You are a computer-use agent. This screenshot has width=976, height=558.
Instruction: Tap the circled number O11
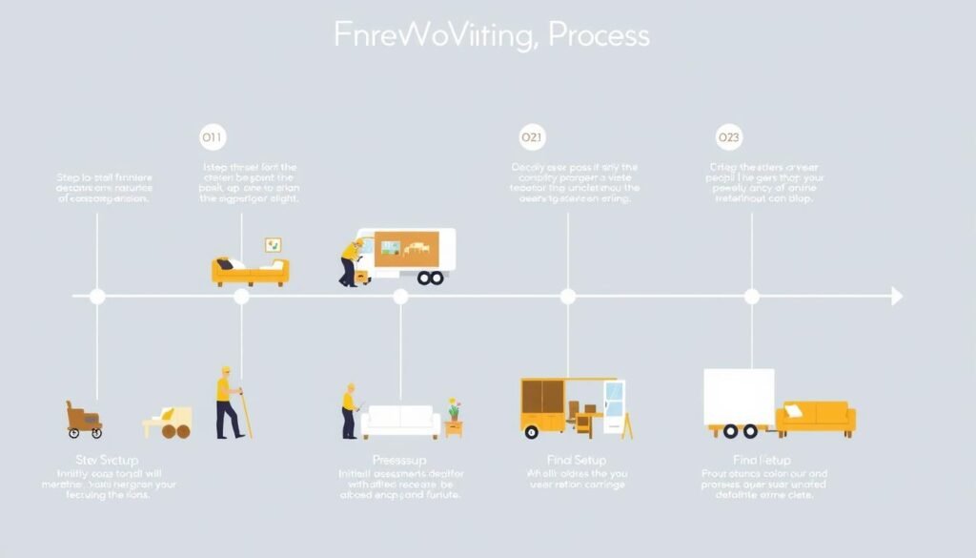212,138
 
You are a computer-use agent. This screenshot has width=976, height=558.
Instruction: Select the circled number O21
532,138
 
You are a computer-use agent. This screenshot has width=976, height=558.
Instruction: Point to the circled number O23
728,138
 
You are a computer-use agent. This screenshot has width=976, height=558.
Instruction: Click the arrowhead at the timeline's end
896,297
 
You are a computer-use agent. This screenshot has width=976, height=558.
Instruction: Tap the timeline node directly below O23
751,297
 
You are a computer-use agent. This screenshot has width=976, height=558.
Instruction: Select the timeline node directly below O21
568,297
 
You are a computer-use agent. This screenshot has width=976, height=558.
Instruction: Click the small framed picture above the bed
274,245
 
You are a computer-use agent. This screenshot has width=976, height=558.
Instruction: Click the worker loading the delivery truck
351,262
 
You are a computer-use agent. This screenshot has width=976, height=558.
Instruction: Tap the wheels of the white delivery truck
431,278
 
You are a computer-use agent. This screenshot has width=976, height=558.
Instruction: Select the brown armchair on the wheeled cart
84,417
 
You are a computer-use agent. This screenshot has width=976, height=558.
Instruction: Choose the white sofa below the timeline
400,420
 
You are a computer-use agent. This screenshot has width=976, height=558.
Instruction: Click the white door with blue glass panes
614,407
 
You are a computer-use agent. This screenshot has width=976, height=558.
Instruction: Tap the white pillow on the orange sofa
793,411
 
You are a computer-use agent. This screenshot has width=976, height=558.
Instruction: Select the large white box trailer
739,399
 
